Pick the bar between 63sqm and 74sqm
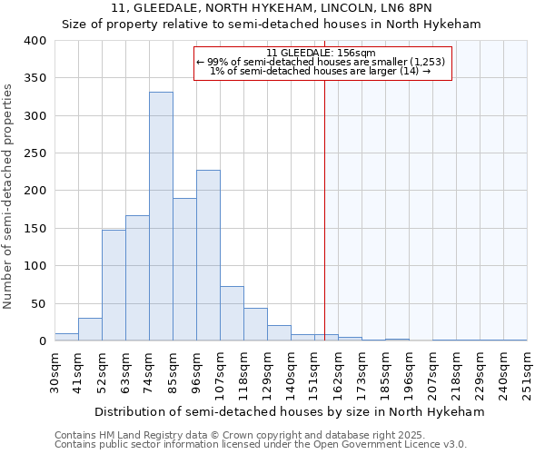pyautogui.click(x=137, y=278)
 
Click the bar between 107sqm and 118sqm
pyautogui.click(x=232, y=313)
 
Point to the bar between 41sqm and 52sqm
pyautogui.click(x=90, y=330)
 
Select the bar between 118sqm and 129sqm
pyautogui.click(x=255, y=324)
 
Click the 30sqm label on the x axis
pyautogui.click(x=55, y=372)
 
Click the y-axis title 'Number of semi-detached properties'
pyautogui.click(x=8, y=195)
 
